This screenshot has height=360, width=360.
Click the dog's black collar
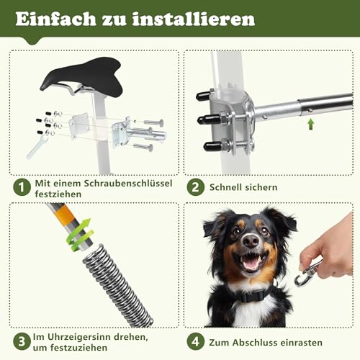click(x=249, y=293)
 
